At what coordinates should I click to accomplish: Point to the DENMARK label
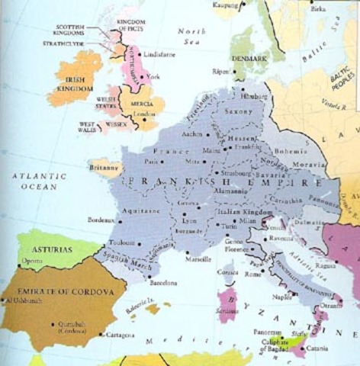[x=249, y=59]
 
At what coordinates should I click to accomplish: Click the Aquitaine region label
[x=147, y=207]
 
